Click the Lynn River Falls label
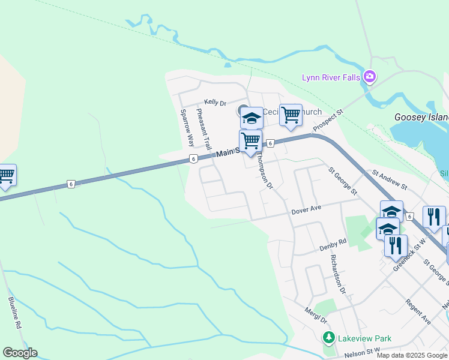click(331, 77)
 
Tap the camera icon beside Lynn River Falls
click(369, 77)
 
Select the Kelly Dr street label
click(215, 103)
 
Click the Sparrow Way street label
click(187, 128)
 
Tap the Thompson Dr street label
click(265, 170)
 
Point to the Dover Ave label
click(307, 210)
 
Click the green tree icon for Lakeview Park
click(328, 338)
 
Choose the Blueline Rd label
click(15, 313)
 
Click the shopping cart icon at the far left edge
click(6, 175)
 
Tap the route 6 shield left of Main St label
click(193, 158)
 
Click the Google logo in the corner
click(20, 353)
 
